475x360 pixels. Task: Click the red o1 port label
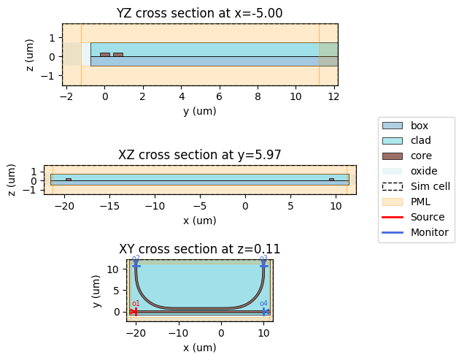(136, 304)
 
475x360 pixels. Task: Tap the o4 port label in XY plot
(263, 304)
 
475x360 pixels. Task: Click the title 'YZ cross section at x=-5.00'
(200, 13)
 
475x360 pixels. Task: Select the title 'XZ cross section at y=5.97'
(200, 155)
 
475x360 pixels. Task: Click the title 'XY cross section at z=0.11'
(200, 249)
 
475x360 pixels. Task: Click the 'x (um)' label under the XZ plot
(200, 220)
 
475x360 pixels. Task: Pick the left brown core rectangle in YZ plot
(105, 54)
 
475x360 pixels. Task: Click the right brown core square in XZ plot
(331, 180)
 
